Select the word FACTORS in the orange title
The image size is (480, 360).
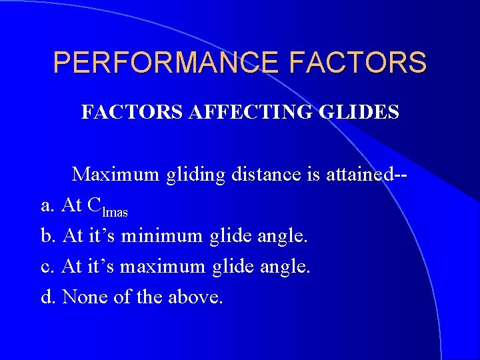[x=358, y=63]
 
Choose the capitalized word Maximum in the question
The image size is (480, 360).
[x=115, y=175]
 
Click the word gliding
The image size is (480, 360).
[x=196, y=176]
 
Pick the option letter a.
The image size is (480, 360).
[x=47, y=206]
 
